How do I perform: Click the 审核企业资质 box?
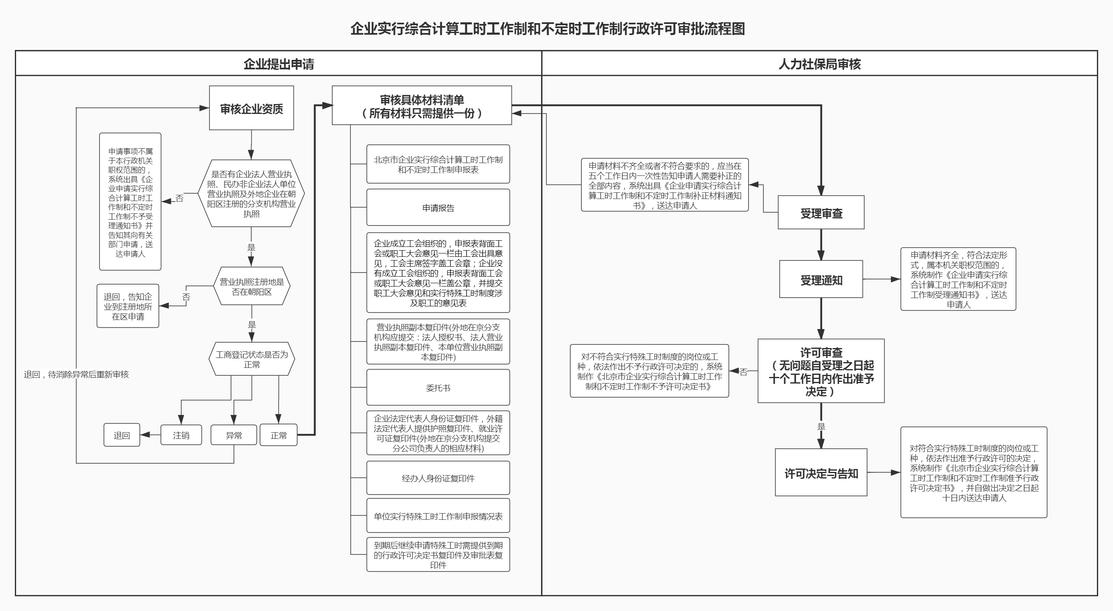tap(251, 108)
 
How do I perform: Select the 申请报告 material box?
tap(438, 207)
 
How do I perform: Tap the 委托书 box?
tap(438, 388)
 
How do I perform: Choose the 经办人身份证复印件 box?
tap(438, 478)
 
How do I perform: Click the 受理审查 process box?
tap(821, 213)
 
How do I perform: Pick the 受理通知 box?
tap(821, 279)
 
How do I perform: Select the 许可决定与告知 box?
tap(821, 473)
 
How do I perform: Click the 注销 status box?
tap(181, 435)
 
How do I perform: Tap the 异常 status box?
tap(234, 435)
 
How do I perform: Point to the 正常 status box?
tap(279, 435)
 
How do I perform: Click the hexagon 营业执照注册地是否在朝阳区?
tap(251, 287)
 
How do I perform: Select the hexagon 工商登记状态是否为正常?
tap(251, 359)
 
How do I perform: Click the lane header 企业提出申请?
tap(279, 64)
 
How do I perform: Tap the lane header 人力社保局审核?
tap(819, 64)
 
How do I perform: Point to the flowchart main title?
tap(548, 29)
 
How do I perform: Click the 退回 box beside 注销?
tap(121, 435)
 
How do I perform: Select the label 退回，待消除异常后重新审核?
tap(76, 374)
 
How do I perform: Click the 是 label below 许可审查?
tap(821, 426)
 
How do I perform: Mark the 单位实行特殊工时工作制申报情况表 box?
tap(438, 516)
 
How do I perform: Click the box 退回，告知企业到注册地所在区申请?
tap(128, 306)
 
